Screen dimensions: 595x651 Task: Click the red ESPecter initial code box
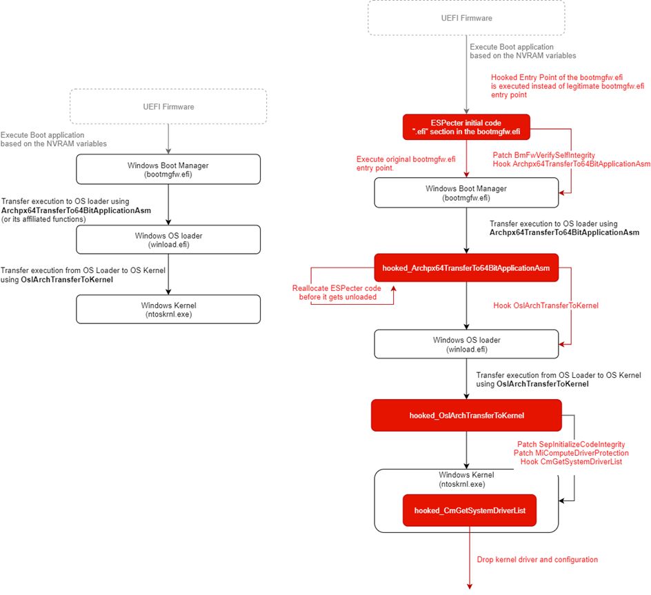point(466,127)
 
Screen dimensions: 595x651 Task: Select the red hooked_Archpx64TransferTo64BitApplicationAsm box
point(465,268)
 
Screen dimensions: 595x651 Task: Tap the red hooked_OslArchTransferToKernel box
point(466,415)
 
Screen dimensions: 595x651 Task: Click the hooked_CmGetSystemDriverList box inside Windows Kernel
point(466,511)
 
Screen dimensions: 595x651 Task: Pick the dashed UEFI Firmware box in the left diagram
point(168,106)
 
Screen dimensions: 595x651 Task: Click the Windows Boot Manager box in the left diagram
point(168,170)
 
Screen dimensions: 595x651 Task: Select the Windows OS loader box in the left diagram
point(168,239)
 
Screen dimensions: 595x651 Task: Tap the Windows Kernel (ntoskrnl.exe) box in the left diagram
point(168,310)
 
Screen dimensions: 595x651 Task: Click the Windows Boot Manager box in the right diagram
point(466,192)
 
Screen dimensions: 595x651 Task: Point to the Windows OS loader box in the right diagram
point(466,344)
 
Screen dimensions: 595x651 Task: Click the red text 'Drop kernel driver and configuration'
point(537,559)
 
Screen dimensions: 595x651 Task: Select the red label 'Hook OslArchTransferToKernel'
point(545,305)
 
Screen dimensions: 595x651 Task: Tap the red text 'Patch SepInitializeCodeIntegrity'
point(570,444)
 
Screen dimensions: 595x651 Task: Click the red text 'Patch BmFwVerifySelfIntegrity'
point(544,155)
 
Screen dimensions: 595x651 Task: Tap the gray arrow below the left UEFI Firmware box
point(168,139)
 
